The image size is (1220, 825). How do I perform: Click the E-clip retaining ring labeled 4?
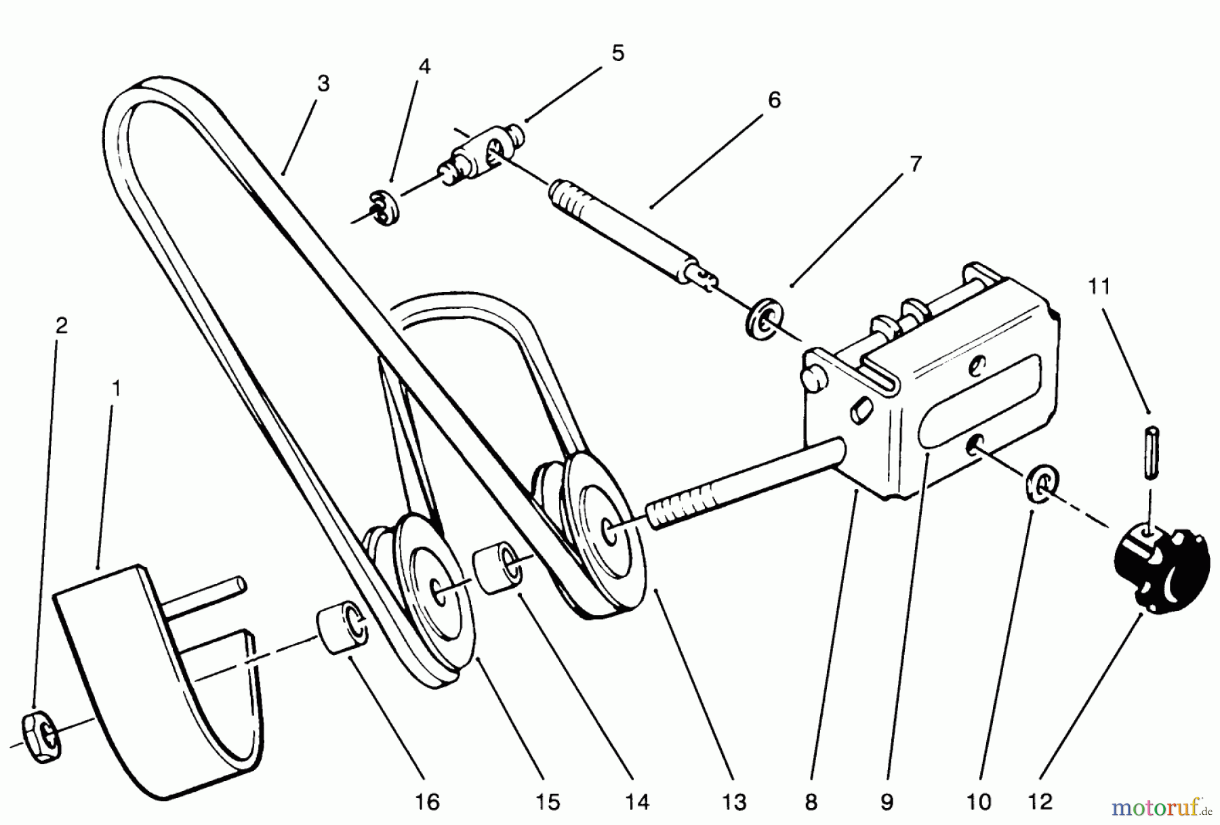pyautogui.click(x=386, y=208)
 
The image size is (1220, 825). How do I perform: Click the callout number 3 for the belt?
pyautogui.click(x=323, y=84)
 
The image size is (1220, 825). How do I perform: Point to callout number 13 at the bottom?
pyautogui.click(x=734, y=803)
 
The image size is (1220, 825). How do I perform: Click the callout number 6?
pyautogui.click(x=774, y=100)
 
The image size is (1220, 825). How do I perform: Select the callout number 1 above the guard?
pyautogui.click(x=116, y=389)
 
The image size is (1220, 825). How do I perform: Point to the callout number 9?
pyautogui.click(x=887, y=803)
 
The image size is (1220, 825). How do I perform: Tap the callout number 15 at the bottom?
pyautogui.click(x=548, y=803)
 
